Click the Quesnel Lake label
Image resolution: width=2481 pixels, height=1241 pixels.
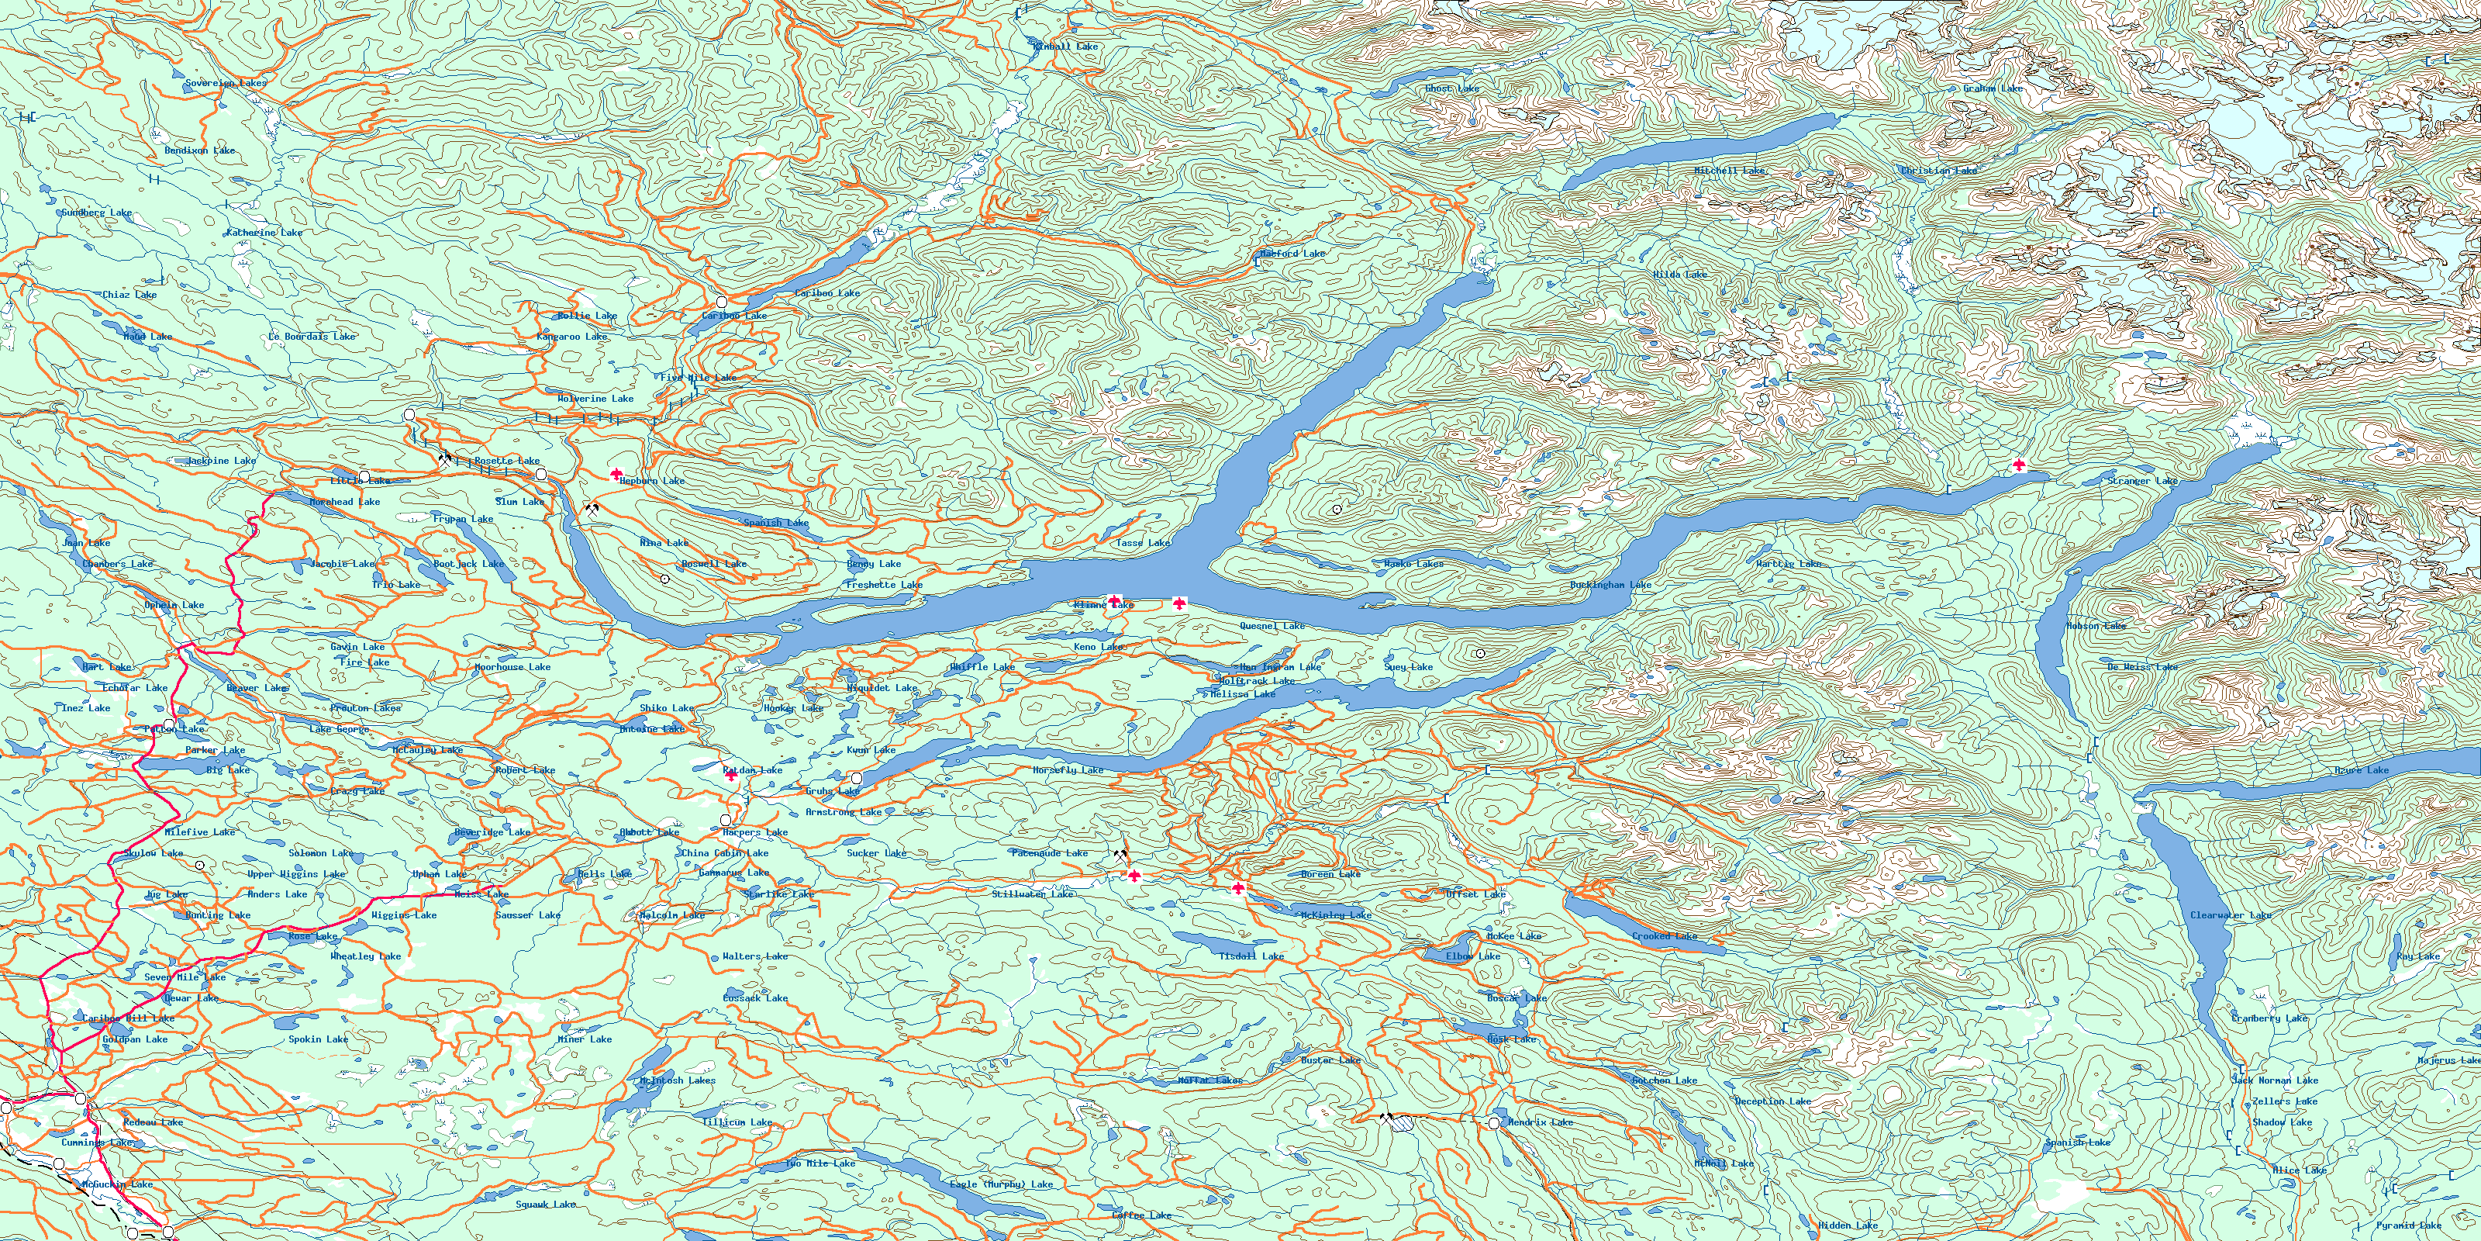(1272, 626)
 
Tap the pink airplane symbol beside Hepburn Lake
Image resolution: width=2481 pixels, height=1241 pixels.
(616, 473)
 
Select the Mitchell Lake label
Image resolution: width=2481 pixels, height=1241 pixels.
(1730, 171)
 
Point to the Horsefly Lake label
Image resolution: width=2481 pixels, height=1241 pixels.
(1067, 770)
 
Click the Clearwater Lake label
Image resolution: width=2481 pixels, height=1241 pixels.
(2231, 915)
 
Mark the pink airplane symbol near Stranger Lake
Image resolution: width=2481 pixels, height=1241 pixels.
(2019, 465)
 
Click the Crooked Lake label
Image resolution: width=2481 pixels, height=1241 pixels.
(1665, 936)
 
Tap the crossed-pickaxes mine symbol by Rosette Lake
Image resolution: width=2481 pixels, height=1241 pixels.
(444, 458)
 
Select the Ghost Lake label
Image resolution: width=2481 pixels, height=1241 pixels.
(1451, 88)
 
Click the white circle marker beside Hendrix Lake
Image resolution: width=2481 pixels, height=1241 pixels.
(1494, 1123)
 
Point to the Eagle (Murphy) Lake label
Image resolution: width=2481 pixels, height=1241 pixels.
(1001, 1184)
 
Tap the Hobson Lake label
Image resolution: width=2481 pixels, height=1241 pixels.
(2096, 626)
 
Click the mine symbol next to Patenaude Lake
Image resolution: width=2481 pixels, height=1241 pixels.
(1121, 855)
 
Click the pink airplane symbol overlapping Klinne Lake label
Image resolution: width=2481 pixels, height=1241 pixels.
(1114, 601)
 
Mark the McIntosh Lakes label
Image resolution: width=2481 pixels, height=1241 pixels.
(677, 1081)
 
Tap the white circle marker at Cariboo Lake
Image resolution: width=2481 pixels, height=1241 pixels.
(721, 302)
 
